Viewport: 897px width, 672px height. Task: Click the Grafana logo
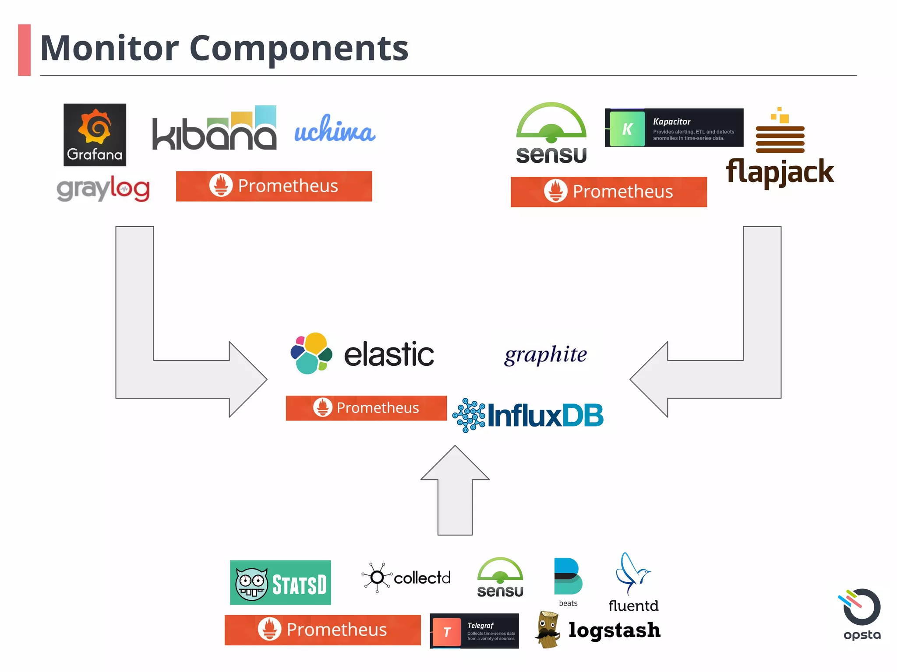tap(95, 135)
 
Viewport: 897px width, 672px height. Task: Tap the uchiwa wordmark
tap(335, 129)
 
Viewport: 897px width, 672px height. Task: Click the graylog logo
tap(103, 189)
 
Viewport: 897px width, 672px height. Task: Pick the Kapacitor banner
tap(674, 128)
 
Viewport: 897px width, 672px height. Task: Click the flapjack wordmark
tap(780, 172)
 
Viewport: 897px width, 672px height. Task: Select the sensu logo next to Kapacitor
tap(551, 133)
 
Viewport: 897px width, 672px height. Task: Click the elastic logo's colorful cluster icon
tap(311, 353)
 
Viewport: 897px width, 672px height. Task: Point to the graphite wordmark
tap(545, 354)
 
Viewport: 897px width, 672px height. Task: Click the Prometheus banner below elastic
tap(366, 408)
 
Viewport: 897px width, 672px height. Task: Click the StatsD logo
tap(280, 583)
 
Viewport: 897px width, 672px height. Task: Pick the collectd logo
tap(406, 577)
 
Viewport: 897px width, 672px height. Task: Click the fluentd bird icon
tap(632, 573)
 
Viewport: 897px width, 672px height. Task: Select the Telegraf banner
tap(474, 631)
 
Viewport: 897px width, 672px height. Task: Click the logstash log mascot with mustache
tap(548, 630)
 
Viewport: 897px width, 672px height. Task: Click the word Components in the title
tap(299, 48)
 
